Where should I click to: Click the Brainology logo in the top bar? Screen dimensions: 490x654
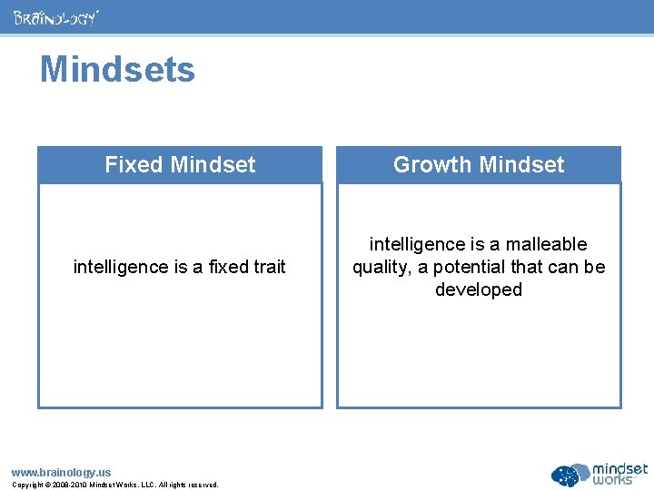coord(55,17)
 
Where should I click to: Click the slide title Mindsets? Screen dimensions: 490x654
coord(117,70)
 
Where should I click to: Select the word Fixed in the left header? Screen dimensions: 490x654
coord(134,165)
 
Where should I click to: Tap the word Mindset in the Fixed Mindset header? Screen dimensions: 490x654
coord(213,165)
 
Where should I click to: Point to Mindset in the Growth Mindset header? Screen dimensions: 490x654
coord(521,165)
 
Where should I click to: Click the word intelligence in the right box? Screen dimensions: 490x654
coord(416,244)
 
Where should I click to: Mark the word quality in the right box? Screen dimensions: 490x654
coord(380,268)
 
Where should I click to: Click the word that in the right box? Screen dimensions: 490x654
coord(520,267)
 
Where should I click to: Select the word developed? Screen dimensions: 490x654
coord(479,290)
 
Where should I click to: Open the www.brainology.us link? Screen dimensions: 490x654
coord(61,472)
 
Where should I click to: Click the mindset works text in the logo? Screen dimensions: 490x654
coord(620,474)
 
